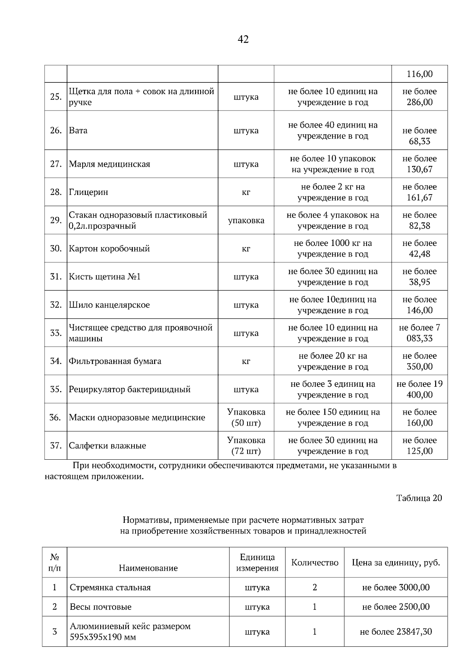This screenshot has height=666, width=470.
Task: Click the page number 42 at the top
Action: pyautogui.click(x=243, y=39)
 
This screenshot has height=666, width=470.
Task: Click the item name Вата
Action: pyautogui.click(x=78, y=131)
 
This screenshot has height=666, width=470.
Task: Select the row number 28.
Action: pyautogui.click(x=56, y=192)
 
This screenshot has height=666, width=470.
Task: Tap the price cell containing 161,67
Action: pyautogui.click(x=419, y=192)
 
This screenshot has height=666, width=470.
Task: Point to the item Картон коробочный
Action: pyautogui.click(x=109, y=249)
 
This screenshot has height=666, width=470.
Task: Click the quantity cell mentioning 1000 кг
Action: pyautogui.click(x=333, y=248)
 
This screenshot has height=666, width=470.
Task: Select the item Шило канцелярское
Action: pyautogui.click(x=109, y=305)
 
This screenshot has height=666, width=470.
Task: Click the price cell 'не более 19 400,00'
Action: pyautogui.click(x=419, y=389)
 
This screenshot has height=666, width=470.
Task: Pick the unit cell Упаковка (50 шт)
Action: pyautogui.click(x=246, y=417)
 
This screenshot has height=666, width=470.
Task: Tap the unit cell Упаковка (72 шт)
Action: pyautogui.click(x=246, y=446)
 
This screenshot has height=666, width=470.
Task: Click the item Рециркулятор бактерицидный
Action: pyautogui.click(x=130, y=389)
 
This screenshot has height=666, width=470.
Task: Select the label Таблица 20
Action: pyautogui.click(x=419, y=498)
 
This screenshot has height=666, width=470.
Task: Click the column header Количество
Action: pyautogui.click(x=315, y=563)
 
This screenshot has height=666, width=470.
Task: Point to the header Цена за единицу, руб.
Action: pyautogui.click(x=396, y=563)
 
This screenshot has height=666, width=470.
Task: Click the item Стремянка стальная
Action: pyautogui.click(x=110, y=588)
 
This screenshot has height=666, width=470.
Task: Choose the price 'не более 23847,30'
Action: pyautogui.click(x=396, y=632)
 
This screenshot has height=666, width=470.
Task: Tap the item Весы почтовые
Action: pyautogui.click(x=101, y=607)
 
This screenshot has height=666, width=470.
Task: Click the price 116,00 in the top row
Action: pyautogui.click(x=419, y=74)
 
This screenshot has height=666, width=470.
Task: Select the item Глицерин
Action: pyautogui.click(x=89, y=192)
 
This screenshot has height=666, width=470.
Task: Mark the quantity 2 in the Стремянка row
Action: pyautogui.click(x=315, y=588)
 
